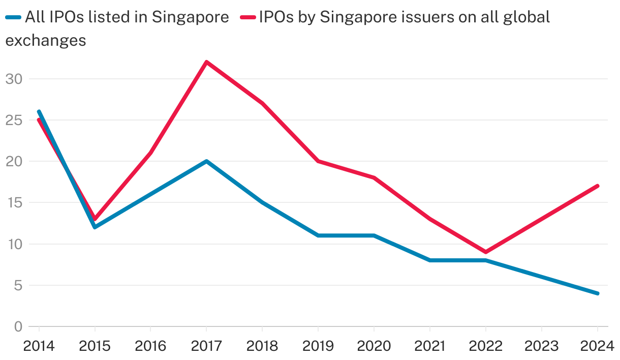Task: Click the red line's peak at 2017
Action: click(206, 62)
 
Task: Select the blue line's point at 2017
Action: click(206, 161)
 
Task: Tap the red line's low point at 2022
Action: click(486, 252)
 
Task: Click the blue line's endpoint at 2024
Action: click(598, 293)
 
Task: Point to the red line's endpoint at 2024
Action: click(598, 186)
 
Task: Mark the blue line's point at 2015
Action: click(95, 227)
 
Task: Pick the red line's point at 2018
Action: click(262, 103)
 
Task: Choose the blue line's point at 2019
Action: click(318, 235)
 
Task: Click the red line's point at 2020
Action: click(374, 177)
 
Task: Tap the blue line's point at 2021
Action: click(430, 260)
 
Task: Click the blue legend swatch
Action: click(13, 17)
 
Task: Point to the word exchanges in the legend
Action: click(46, 40)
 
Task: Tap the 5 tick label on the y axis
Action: click(18, 286)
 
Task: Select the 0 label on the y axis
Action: click(18, 326)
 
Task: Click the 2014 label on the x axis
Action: click(39, 346)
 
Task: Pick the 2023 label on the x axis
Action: click(542, 346)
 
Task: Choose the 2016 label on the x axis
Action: click(150, 346)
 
